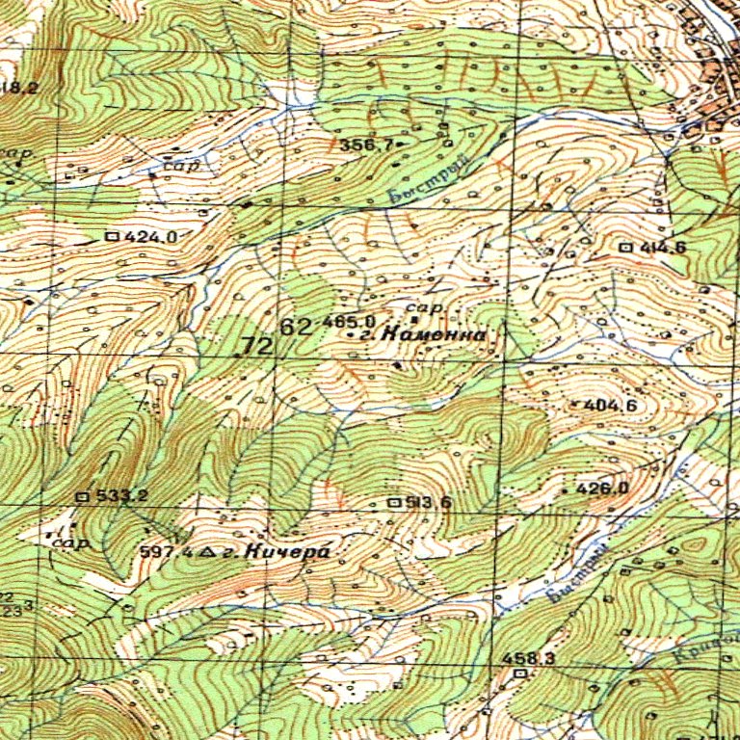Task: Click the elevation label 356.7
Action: (365, 145)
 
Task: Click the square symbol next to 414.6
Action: (626, 248)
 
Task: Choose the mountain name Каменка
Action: (433, 334)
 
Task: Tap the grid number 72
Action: (257, 346)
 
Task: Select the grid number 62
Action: (296, 327)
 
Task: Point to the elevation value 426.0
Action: (602, 489)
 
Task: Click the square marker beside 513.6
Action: (393, 502)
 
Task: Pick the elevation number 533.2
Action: (122, 496)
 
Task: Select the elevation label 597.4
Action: (164, 552)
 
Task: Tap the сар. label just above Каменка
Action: (429, 306)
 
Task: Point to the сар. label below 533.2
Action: (70, 543)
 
